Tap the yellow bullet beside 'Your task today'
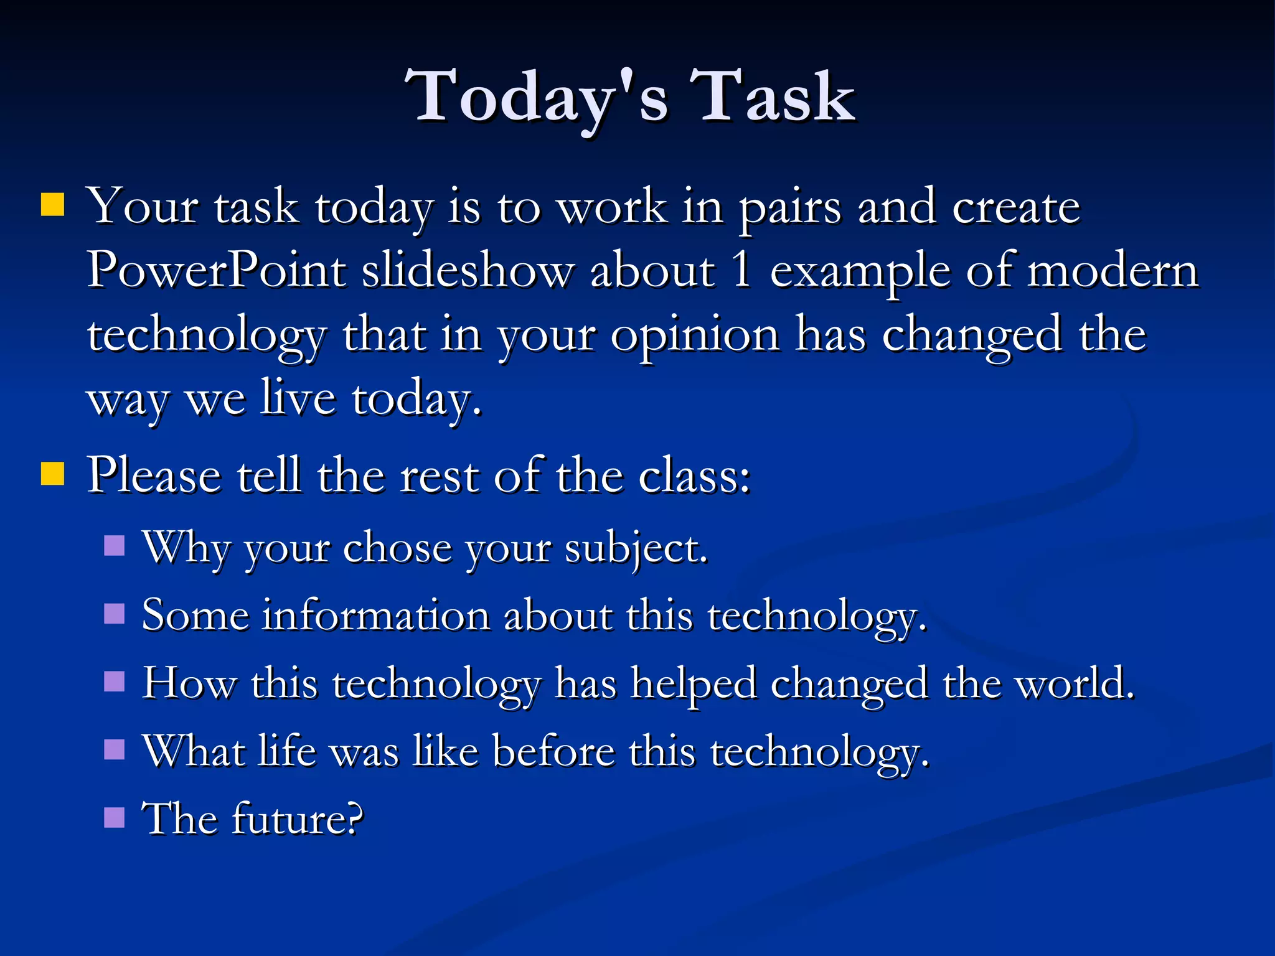pyautogui.click(x=53, y=204)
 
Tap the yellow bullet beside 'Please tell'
pyautogui.click(x=53, y=473)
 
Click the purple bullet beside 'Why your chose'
pyautogui.click(x=115, y=546)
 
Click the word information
pyautogui.click(x=376, y=616)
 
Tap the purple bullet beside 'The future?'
pyautogui.click(x=115, y=817)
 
